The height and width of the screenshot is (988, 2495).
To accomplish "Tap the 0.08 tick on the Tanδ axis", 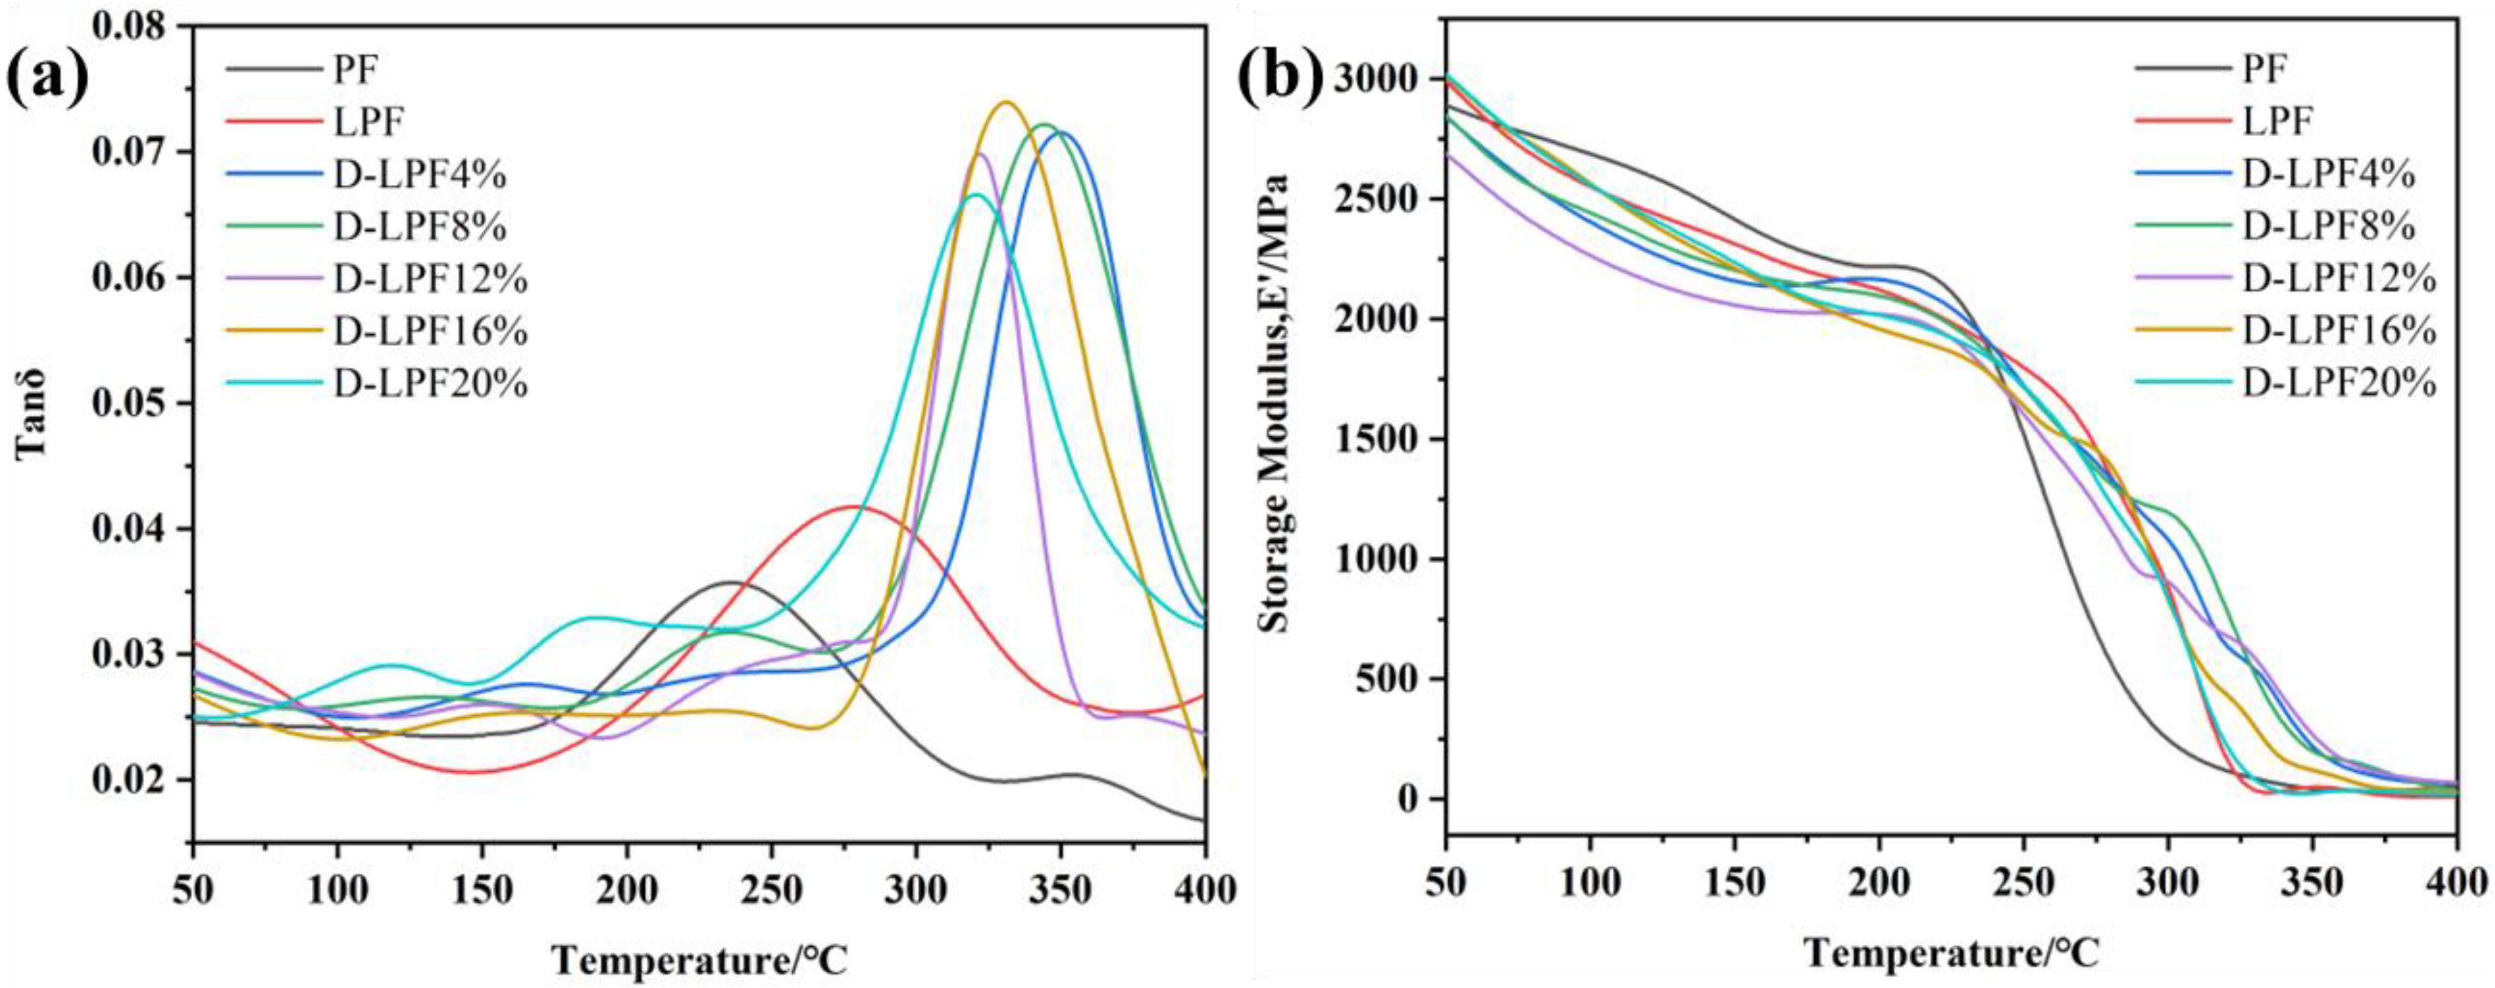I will [135, 25].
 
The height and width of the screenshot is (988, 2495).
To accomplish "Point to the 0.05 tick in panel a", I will [135, 403].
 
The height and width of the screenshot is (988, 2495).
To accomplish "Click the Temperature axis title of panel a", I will [699, 960].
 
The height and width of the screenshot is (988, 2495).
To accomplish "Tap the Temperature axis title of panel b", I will [1951, 953].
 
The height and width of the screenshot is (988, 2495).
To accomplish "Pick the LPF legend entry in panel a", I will [368, 122].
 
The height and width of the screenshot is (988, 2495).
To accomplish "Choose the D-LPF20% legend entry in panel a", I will [431, 384].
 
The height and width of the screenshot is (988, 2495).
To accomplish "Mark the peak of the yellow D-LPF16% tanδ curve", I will [1006, 102].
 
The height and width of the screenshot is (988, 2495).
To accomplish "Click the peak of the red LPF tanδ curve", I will [854, 507].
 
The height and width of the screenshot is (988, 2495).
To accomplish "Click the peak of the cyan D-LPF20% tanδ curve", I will [976, 195].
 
